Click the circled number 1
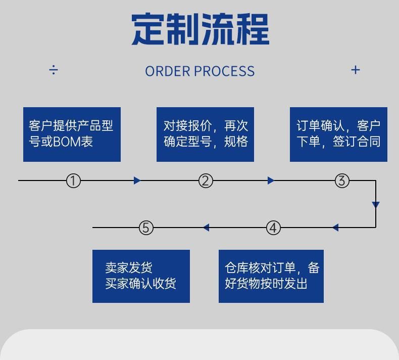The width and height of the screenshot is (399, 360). (73, 181)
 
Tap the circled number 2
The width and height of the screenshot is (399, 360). (205, 181)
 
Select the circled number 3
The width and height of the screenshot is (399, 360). (342, 181)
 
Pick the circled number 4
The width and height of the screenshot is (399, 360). (273, 228)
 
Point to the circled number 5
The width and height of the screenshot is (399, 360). (146, 228)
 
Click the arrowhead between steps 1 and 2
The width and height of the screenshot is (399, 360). (137, 181)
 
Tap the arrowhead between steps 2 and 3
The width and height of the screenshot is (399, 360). (271, 181)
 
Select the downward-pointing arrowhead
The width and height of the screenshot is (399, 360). (376, 205)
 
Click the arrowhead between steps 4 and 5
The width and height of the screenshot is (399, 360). (206, 228)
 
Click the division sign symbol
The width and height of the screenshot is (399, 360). (54, 70)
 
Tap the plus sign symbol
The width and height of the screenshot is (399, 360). (356, 70)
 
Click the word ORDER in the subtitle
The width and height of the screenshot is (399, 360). (167, 71)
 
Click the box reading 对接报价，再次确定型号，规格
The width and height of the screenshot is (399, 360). (205, 134)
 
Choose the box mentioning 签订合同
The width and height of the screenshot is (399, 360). (338, 134)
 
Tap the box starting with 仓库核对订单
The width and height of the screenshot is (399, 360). (271, 276)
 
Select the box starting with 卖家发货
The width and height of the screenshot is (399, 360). (141, 276)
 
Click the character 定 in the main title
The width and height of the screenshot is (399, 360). (149, 29)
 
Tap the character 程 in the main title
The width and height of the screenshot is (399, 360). (252, 29)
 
